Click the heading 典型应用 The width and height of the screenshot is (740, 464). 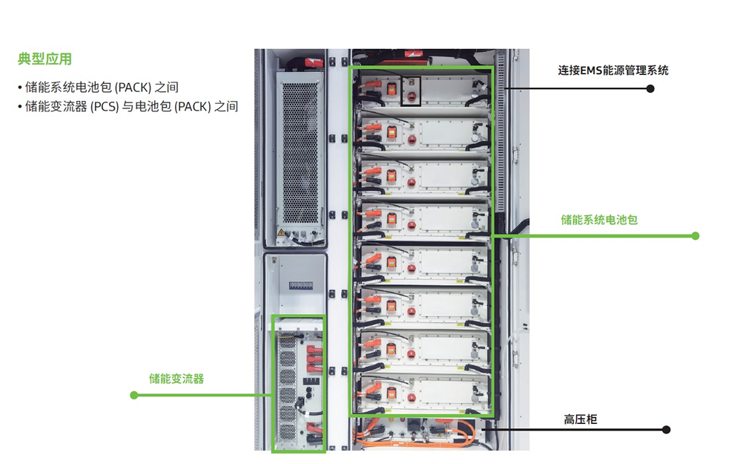coord(44,59)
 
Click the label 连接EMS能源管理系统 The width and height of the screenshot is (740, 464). coord(613,71)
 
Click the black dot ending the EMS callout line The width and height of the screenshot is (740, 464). coord(650,88)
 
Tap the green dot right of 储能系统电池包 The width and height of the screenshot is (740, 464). coord(696,236)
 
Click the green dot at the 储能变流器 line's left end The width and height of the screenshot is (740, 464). coord(134,395)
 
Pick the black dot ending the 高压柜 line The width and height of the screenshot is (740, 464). coord(666,430)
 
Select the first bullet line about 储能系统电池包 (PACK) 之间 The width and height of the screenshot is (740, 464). coord(101,88)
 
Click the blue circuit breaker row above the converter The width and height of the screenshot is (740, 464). coord(300,284)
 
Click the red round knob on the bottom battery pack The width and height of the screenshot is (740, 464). coord(410,393)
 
